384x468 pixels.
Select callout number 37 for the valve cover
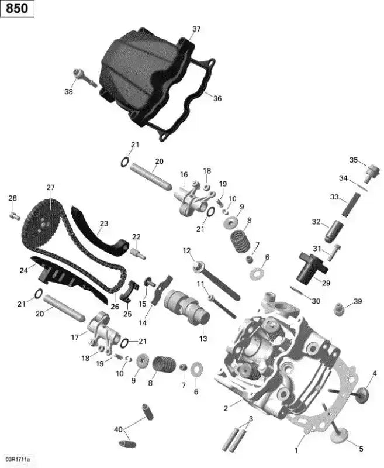[x=196, y=29]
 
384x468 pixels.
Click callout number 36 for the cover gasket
[x=217, y=98]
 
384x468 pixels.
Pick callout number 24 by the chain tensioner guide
[x=24, y=270]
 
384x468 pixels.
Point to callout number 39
[x=358, y=301]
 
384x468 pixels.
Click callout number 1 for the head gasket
[x=296, y=451]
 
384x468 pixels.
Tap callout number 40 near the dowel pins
[x=119, y=430]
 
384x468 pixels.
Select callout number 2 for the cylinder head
[x=226, y=408]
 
